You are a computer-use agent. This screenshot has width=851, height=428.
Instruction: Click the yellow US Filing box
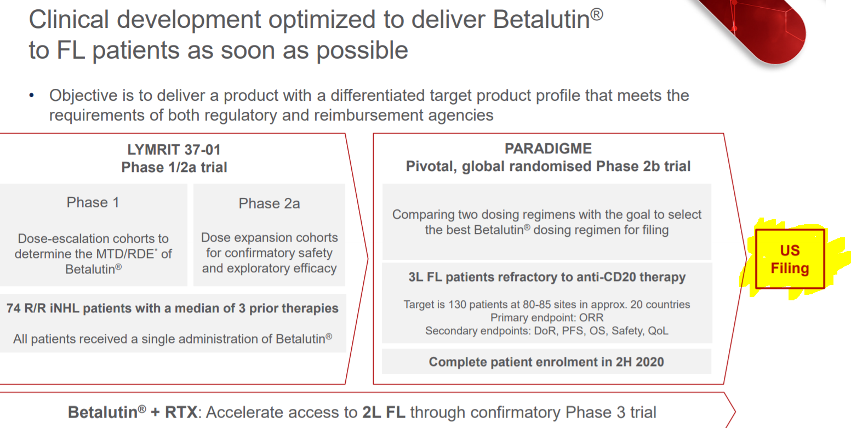[x=790, y=259]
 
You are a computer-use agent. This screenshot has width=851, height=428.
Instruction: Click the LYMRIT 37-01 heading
[x=174, y=150]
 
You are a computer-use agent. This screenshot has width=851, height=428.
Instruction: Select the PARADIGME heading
[x=548, y=149]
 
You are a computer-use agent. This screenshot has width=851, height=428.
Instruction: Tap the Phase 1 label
[x=93, y=202]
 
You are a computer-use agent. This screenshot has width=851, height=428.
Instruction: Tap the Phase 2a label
[x=270, y=203]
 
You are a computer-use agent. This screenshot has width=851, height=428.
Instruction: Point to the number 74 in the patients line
[x=14, y=308]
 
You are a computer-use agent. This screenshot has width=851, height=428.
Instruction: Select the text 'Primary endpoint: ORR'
[x=547, y=317]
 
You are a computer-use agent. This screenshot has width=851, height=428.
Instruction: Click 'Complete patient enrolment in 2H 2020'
[x=546, y=362]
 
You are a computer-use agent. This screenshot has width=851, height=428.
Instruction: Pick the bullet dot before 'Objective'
[x=32, y=95]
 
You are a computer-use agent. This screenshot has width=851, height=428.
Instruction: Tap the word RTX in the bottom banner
[x=181, y=413]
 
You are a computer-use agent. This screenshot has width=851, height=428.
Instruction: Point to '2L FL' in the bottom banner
[x=384, y=413]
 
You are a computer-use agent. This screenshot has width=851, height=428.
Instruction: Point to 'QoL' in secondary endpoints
[x=658, y=330]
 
